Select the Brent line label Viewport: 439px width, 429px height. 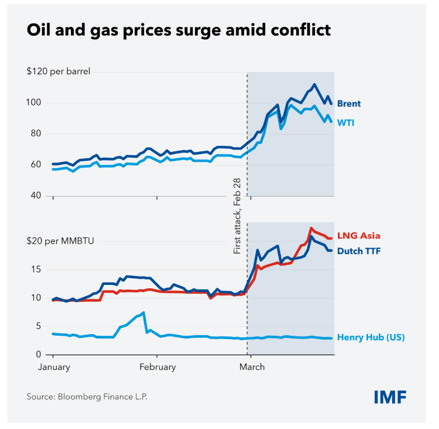point(349,103)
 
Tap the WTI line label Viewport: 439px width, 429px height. point(345,122)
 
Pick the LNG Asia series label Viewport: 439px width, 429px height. point(359,236)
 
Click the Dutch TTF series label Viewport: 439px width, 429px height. point(359,251)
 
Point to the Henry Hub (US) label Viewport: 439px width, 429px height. point(371,337)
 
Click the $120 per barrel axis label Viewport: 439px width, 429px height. point(58,71)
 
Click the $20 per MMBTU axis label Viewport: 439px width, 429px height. point(60,241)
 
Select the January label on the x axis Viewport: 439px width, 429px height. point(54,367)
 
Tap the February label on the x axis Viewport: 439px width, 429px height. point(158,367)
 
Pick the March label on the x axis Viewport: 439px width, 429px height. point(252,367)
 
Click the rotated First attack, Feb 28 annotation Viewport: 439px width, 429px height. point(237,216)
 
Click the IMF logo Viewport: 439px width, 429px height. point(390,397)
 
